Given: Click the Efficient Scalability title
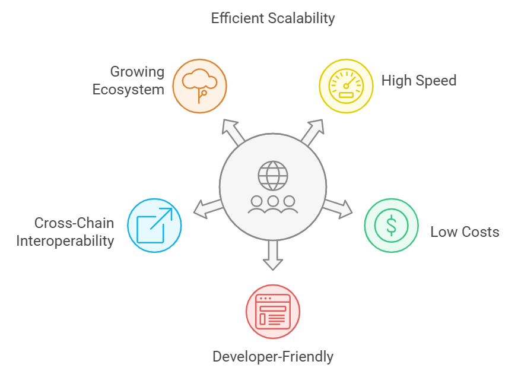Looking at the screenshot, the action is [273, 18].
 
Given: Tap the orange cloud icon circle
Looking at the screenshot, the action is [199, 86].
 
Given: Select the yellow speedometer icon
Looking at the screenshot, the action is [346, 86].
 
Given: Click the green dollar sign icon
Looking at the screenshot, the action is [391, 225].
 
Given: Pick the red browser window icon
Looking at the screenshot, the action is [273, 312].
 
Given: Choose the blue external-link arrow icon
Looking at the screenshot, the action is [154, 225].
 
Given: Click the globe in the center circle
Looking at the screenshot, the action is [273, 176].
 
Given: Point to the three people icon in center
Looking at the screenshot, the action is [272, 204].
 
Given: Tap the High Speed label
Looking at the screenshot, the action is [419, 81].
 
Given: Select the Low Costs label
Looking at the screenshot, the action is [465, 232].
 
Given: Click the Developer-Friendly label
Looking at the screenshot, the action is [273, 356].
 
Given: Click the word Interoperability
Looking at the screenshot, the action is [65, 240].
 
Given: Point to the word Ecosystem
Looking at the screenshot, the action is [128, 90].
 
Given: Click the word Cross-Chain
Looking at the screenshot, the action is [74, 223].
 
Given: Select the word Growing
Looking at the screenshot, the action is [137, 72].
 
